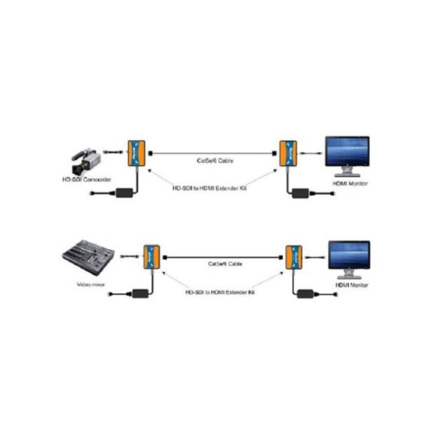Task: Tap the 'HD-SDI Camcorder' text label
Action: click(86, 179)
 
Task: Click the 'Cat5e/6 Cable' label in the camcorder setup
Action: click(215, 161)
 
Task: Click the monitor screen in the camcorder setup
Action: click(347, 153)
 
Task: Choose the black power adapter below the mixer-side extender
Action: click(141, 293)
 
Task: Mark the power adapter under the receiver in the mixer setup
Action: click(308, 294)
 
